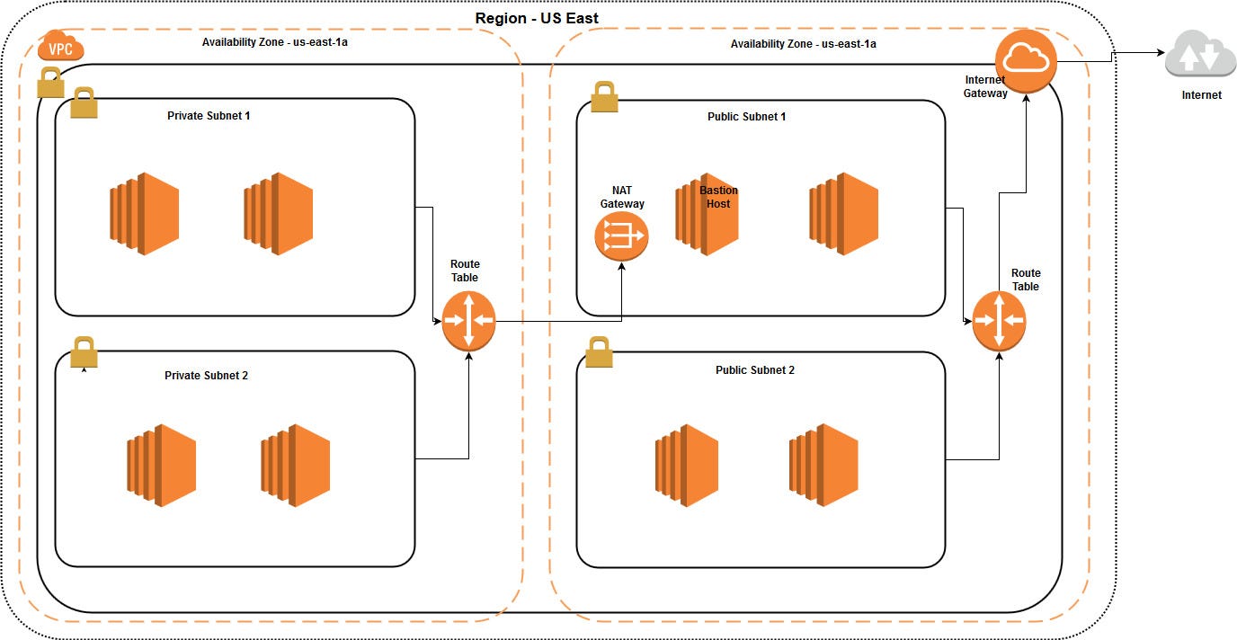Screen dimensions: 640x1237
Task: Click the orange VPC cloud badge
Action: pos(61,47)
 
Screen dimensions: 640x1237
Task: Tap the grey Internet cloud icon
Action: pos(1200,57)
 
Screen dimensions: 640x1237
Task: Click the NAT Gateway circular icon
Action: pos(621,236)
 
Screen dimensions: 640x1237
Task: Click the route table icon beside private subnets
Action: pos(468,321)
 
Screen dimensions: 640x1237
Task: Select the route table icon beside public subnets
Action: pos(999,321)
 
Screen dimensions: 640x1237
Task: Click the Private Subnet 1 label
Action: pos(209,116)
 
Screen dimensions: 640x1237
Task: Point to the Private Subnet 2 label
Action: pos(206,376)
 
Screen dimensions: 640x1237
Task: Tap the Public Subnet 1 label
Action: pos(746,117)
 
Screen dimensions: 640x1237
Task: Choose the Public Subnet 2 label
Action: pos(755,370)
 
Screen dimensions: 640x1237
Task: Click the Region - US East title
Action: pos(537,18)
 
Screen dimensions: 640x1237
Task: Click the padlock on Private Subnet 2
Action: pos(84,351)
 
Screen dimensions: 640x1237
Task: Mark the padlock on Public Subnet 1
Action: pos(604,97)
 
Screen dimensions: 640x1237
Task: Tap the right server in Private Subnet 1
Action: pos(278,214)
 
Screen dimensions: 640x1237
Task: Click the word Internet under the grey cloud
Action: pos(1201,95)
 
